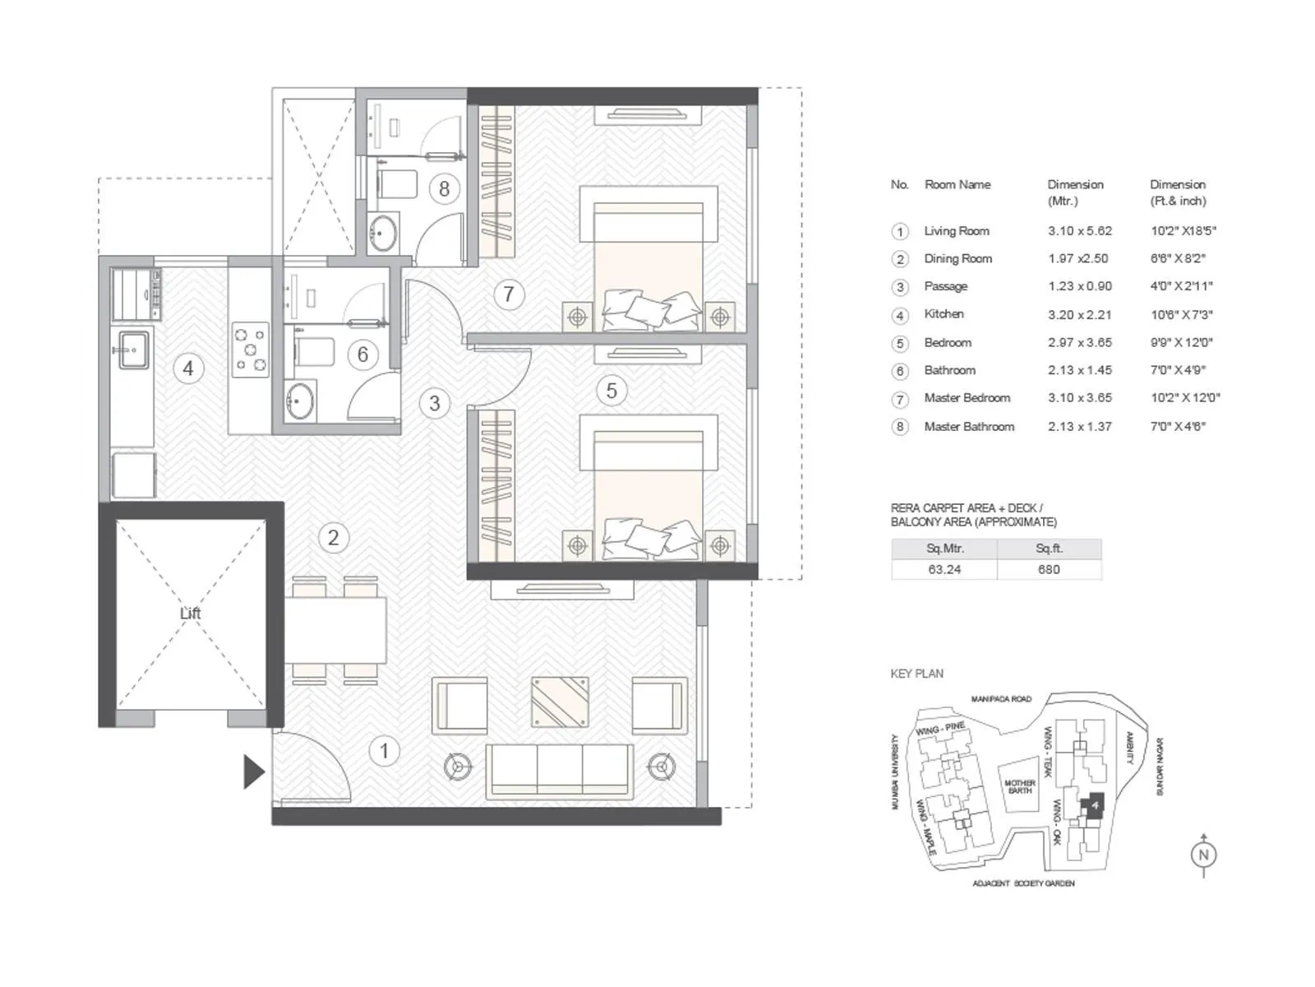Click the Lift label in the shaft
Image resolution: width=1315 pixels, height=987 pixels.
pyautogui.click(x=190, y=614)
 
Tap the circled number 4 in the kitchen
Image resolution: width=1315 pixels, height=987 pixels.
pyautogui.click(x=188, y=368)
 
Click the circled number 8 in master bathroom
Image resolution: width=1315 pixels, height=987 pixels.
pyautogui.click(x=444, y=189)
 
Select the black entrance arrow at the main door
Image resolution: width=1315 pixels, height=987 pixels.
pyautogui.click(x=253, y=772)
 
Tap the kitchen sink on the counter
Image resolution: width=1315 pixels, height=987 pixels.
pyautogui.click(x=133, y=350)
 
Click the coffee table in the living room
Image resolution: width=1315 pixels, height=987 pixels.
pyautogui.click(x=560, y=702)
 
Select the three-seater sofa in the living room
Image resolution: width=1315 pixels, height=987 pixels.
pyautogui.click(x=560, y=770)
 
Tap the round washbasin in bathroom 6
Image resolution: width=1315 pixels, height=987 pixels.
pyautogui.click(x=301, y=402)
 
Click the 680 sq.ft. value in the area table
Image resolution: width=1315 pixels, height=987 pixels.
pyautogui.click(x=1049, y=569)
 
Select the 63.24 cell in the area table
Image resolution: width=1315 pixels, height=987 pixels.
pyautogui.click(x=944, y=569)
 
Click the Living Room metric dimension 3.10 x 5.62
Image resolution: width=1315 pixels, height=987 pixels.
pyautogui.click(x=1079, y=231)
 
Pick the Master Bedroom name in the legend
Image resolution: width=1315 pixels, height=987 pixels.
pyautogui.click(x=967, y=398)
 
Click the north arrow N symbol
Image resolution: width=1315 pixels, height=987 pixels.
pyautogui.click(x=1203, y=855)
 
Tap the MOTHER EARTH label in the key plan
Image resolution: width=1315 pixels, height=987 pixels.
pyautogui.click(x=1019, y=787)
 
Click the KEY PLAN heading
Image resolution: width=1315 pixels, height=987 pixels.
pyautogui.click(x=916, y=674)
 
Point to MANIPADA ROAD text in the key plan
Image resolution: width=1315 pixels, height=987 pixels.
pyautogui.click(x=1000, y=699)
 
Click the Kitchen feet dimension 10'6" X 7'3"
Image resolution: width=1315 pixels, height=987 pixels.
pyautogui.click(x=1181, y=314)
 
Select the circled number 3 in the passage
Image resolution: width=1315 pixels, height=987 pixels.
pyautogui.click(x=434, y=403)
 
